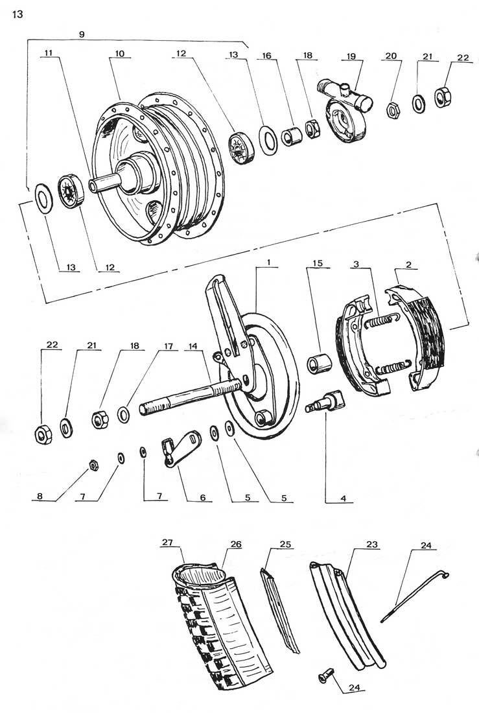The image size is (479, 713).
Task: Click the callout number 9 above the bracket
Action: click(82, 34)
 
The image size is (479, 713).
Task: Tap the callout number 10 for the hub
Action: click(120, 54)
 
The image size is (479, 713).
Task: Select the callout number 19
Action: click(351, 56)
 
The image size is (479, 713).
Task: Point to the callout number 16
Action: click(266, 56)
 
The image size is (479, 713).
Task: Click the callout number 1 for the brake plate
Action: click(269, 263)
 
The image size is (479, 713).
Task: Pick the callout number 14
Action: click(193, 346)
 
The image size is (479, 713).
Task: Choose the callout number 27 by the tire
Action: click(167, 542)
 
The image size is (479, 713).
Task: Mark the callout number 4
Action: click(344, 498)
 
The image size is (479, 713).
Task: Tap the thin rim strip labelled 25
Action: click(280, 609)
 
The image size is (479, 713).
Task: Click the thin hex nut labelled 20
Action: click(393, 110)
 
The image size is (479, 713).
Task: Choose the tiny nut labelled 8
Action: click(93, 465)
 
